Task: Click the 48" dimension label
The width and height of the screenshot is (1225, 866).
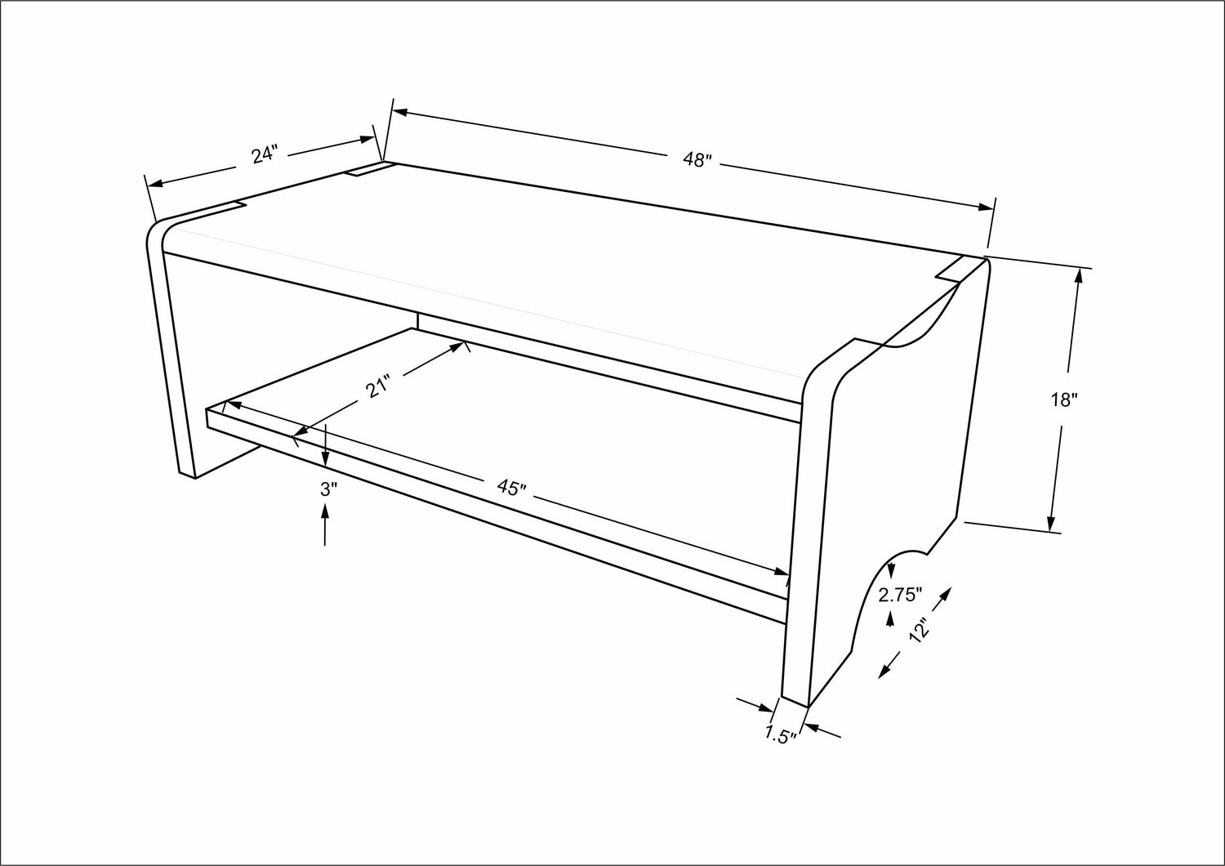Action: [x=697, y=160]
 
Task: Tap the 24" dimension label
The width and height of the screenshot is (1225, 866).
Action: [x=265, y=154]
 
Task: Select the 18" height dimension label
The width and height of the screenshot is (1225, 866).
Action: [x=1063, y=400]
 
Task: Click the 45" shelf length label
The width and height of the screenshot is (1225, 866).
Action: [x=511, y=488]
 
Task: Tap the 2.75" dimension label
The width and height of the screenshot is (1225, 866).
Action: [x=901, y=595]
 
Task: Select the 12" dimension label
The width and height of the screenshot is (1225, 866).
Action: [x=920, y=630]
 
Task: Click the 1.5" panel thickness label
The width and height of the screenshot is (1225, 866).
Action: [x=781, y=734]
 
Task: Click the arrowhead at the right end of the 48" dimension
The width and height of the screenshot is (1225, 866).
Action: [x=986, y=207]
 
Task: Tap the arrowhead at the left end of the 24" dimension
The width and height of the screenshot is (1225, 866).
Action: [x=156, y=183]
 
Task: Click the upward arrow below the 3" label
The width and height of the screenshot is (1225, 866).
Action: [x=325, y=525]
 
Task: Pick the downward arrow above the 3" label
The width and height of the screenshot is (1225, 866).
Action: [x=325, y=445]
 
